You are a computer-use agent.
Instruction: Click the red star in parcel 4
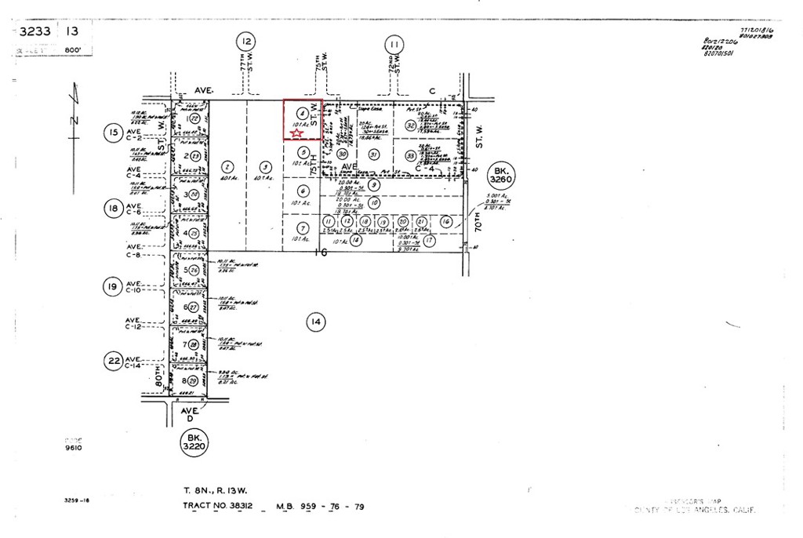(297, 133)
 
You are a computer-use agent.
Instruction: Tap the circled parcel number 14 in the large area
(315, 321)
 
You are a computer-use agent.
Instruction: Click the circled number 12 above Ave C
(246, 42)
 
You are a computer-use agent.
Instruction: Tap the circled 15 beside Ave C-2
(114, 133)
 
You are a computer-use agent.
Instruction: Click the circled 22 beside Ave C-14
(114, 360)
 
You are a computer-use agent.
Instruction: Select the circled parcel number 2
(227, 166)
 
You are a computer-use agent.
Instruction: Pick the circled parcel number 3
(266, 166)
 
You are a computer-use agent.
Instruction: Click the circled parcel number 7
(302, 228)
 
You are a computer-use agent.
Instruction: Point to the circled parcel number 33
(410, 155)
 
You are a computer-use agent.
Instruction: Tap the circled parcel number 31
(374, 154)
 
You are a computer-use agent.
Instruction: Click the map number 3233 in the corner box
(36, 32)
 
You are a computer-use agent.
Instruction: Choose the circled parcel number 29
(193, 380)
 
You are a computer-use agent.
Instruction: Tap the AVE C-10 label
(134, 287)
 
